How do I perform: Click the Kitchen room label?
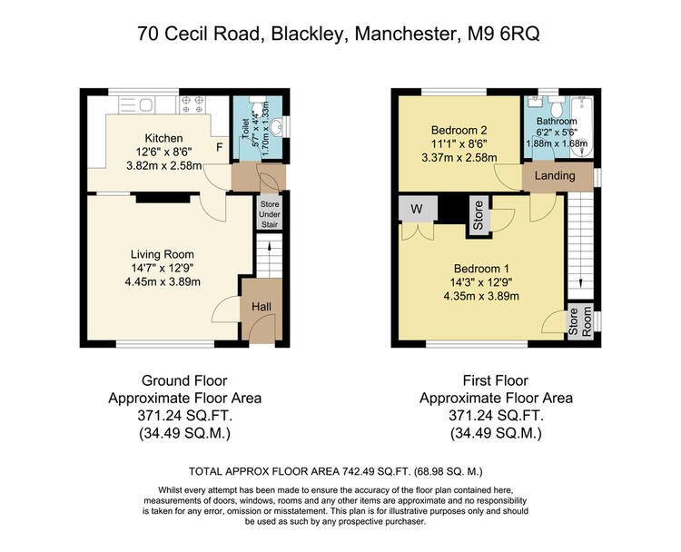pos(163,138)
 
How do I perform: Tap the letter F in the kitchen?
pos(220,147)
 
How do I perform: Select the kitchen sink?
pos(135,104)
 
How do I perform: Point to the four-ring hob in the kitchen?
pos(192,104)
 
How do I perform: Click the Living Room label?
pos(163,254)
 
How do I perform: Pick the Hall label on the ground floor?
pos(262,307)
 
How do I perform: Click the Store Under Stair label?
pos(270,214)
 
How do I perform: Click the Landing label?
pos(555,175)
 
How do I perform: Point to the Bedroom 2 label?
pos(459,130)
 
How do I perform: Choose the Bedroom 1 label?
pos(481,269)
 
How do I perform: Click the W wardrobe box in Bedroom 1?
pos(418,209)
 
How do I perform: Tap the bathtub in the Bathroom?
pos(581,127)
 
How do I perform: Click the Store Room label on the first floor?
pos(580,321)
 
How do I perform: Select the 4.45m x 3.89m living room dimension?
pos(163,281)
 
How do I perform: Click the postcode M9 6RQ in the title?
pos(503,34)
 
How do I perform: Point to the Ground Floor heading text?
pos(184,381)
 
